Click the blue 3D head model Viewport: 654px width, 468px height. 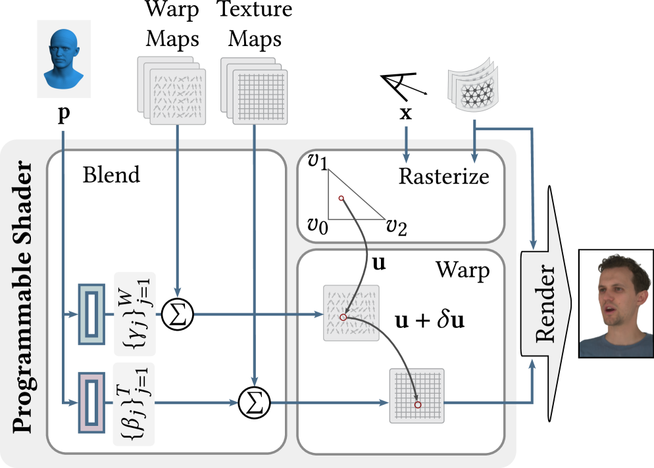tap(63, 59)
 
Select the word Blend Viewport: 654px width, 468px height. tap(111, 175)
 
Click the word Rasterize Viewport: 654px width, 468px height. tap(444, 176)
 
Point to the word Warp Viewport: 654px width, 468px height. tap(462, 270)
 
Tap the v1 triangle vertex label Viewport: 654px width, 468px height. tap(318, 162)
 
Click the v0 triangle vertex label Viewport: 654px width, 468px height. tap(318, 226)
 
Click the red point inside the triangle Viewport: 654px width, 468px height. tap(341, 198)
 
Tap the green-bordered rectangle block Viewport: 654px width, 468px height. tap(91, 314)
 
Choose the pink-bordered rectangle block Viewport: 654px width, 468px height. tap(91, 402)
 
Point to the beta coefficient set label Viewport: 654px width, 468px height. tap(134, 403)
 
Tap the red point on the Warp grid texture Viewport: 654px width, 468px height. tap(417, 405)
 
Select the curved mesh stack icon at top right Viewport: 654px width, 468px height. tap(474, 87)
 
